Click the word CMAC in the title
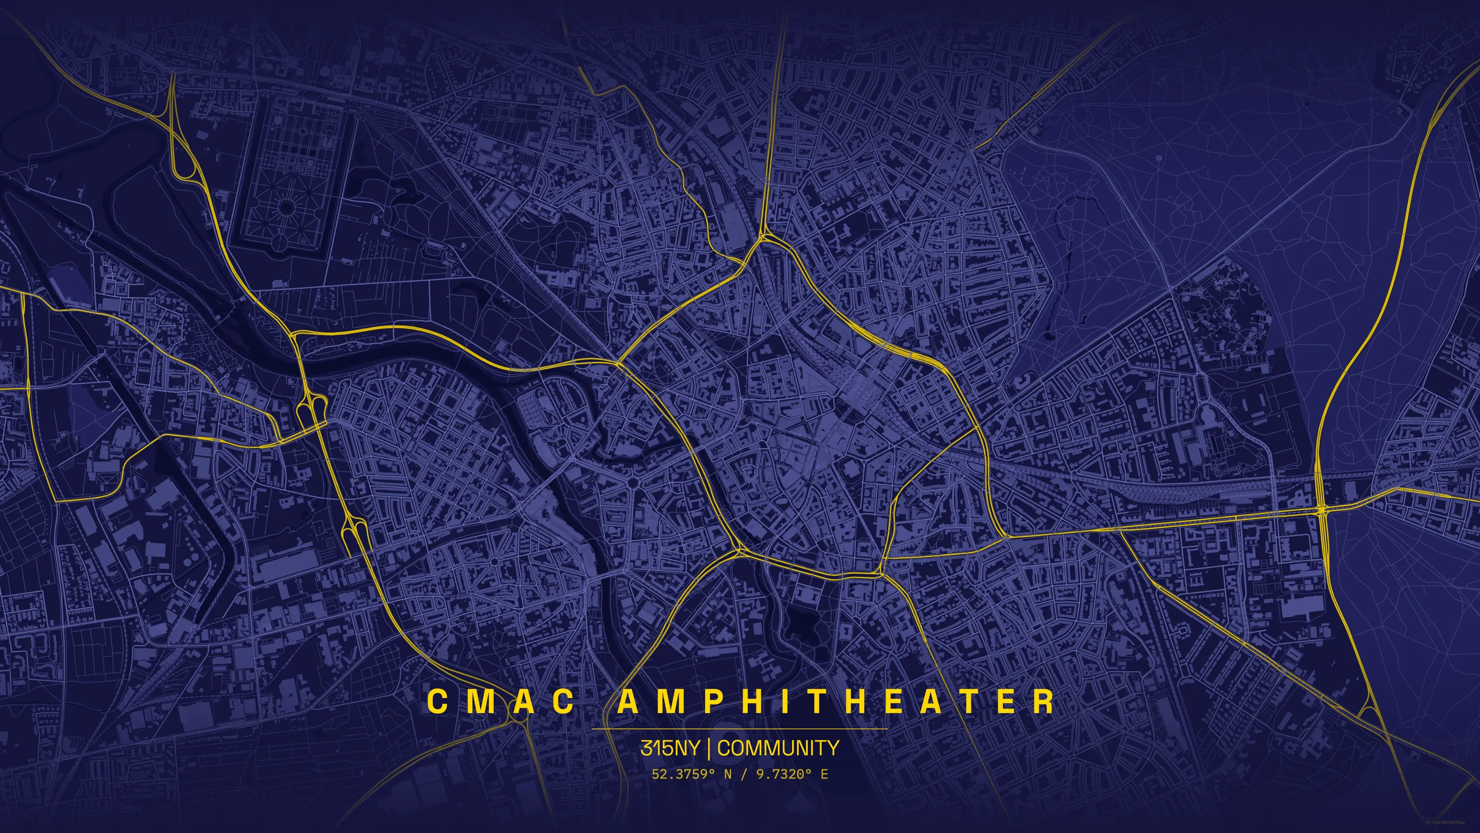pos(500,701)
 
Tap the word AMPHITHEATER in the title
pos(836,701)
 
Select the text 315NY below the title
pos(670,748)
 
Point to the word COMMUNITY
pos(778,748)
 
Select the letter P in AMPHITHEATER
pos(714,701)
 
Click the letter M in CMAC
pos(477,701)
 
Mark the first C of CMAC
pos(437,701)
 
